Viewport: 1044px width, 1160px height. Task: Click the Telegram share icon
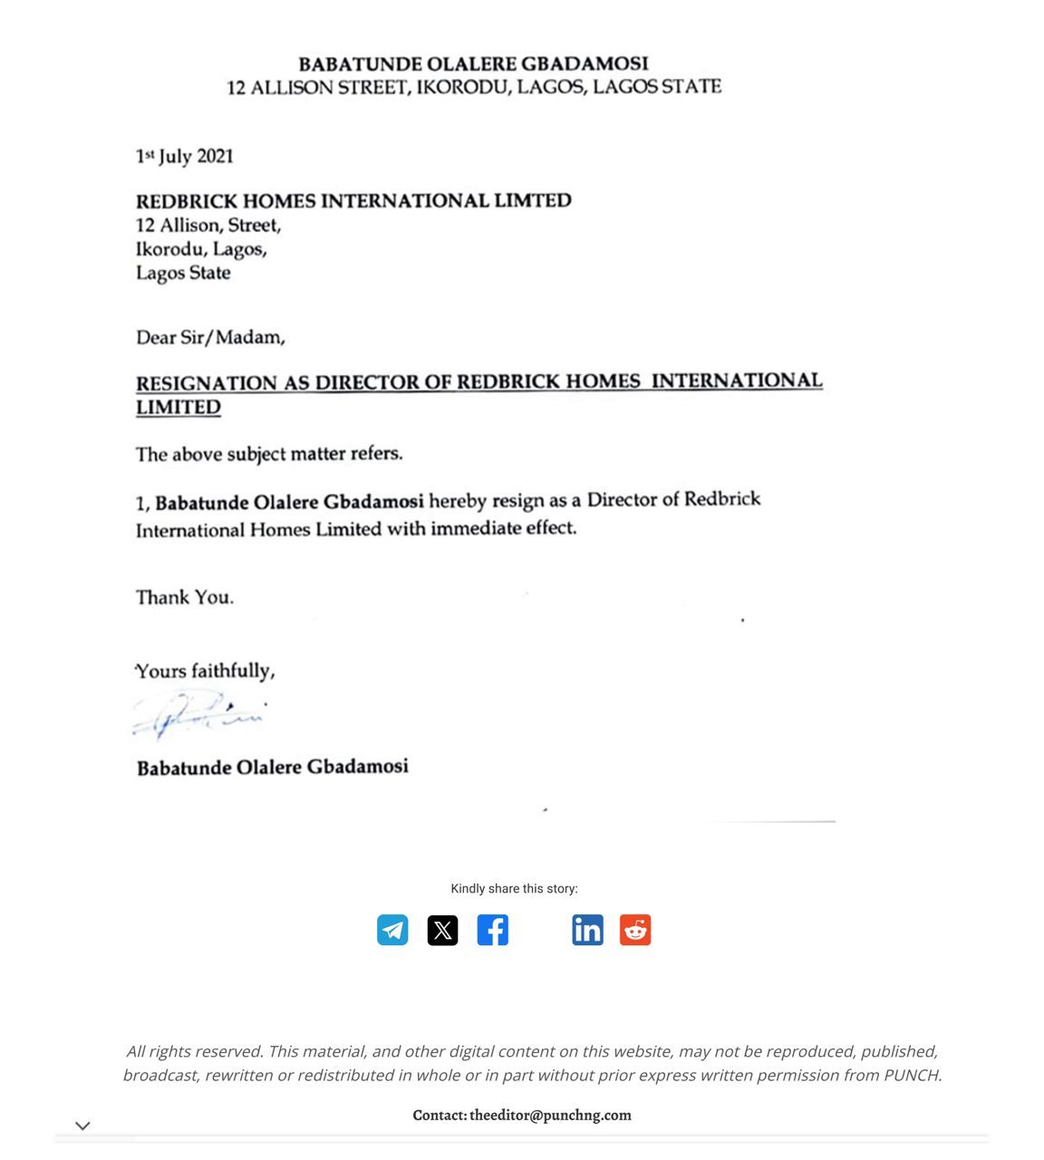pos(392,930)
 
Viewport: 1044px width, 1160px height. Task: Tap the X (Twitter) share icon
pos(442,930)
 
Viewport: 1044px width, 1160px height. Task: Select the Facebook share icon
pos(492,930)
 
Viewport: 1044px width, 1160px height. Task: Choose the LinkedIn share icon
pos(587,930)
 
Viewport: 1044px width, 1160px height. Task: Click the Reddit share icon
pos(635,930)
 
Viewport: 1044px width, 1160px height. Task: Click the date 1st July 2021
pos(185,157)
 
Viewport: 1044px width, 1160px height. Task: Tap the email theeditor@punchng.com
pos(550,1116)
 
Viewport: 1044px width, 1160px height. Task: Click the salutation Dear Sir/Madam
pos(210,338)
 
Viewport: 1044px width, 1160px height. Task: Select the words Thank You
pos(185,597)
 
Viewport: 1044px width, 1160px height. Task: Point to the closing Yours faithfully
pos(205,672)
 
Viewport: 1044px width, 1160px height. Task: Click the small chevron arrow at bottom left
pos(82,1126)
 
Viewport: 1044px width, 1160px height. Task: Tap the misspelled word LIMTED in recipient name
pos(533,201)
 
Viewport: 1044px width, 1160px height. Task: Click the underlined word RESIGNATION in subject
pos(207,383)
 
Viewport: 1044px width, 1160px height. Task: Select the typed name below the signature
pos(273,768)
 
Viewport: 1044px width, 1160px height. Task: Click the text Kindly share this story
pos(514,889)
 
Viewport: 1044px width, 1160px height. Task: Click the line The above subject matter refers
pos(269,454)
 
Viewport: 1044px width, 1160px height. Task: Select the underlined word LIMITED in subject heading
pos(179,408)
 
